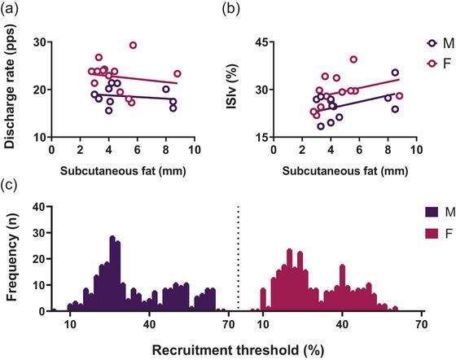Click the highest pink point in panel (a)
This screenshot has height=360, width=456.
click(x=134, y=46)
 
